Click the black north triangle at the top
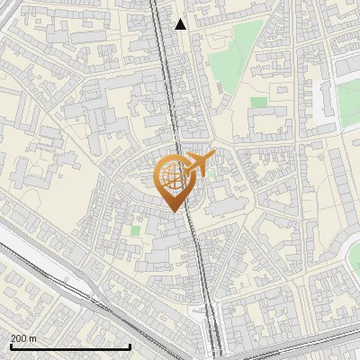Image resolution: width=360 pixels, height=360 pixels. [181, 24]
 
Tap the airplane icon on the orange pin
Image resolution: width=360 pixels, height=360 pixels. [197, 164]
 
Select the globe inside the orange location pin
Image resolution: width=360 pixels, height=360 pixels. [172, 176]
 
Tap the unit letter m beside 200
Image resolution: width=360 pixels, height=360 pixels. [33, 338]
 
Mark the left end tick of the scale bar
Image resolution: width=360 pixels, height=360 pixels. [10, 345]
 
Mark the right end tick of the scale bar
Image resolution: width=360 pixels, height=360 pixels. [130, 345]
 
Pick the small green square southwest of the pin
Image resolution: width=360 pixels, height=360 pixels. [135, 231]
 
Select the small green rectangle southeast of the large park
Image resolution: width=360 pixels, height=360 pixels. [258, 102]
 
